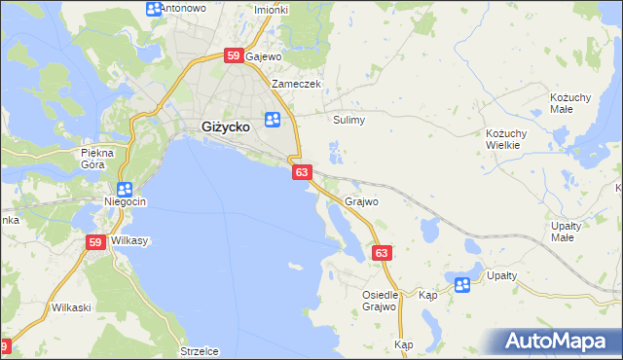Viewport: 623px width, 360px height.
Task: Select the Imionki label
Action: tap(271, 10)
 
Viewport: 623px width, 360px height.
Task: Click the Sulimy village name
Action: tap(348, 121)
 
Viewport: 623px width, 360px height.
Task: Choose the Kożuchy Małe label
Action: tap(574, 105)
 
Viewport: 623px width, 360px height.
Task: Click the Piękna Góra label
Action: tap(98, 159)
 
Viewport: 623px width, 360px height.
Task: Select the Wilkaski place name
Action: tap(71, 307)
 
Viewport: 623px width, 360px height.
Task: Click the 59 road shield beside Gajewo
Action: tap(234, 56)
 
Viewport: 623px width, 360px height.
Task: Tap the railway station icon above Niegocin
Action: tap(125, 190)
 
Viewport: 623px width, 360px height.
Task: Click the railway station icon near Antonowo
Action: tap(154, 9)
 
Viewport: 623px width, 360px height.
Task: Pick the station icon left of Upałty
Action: tap(462, 284)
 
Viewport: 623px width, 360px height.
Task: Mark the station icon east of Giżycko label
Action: tap(274, 120)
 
